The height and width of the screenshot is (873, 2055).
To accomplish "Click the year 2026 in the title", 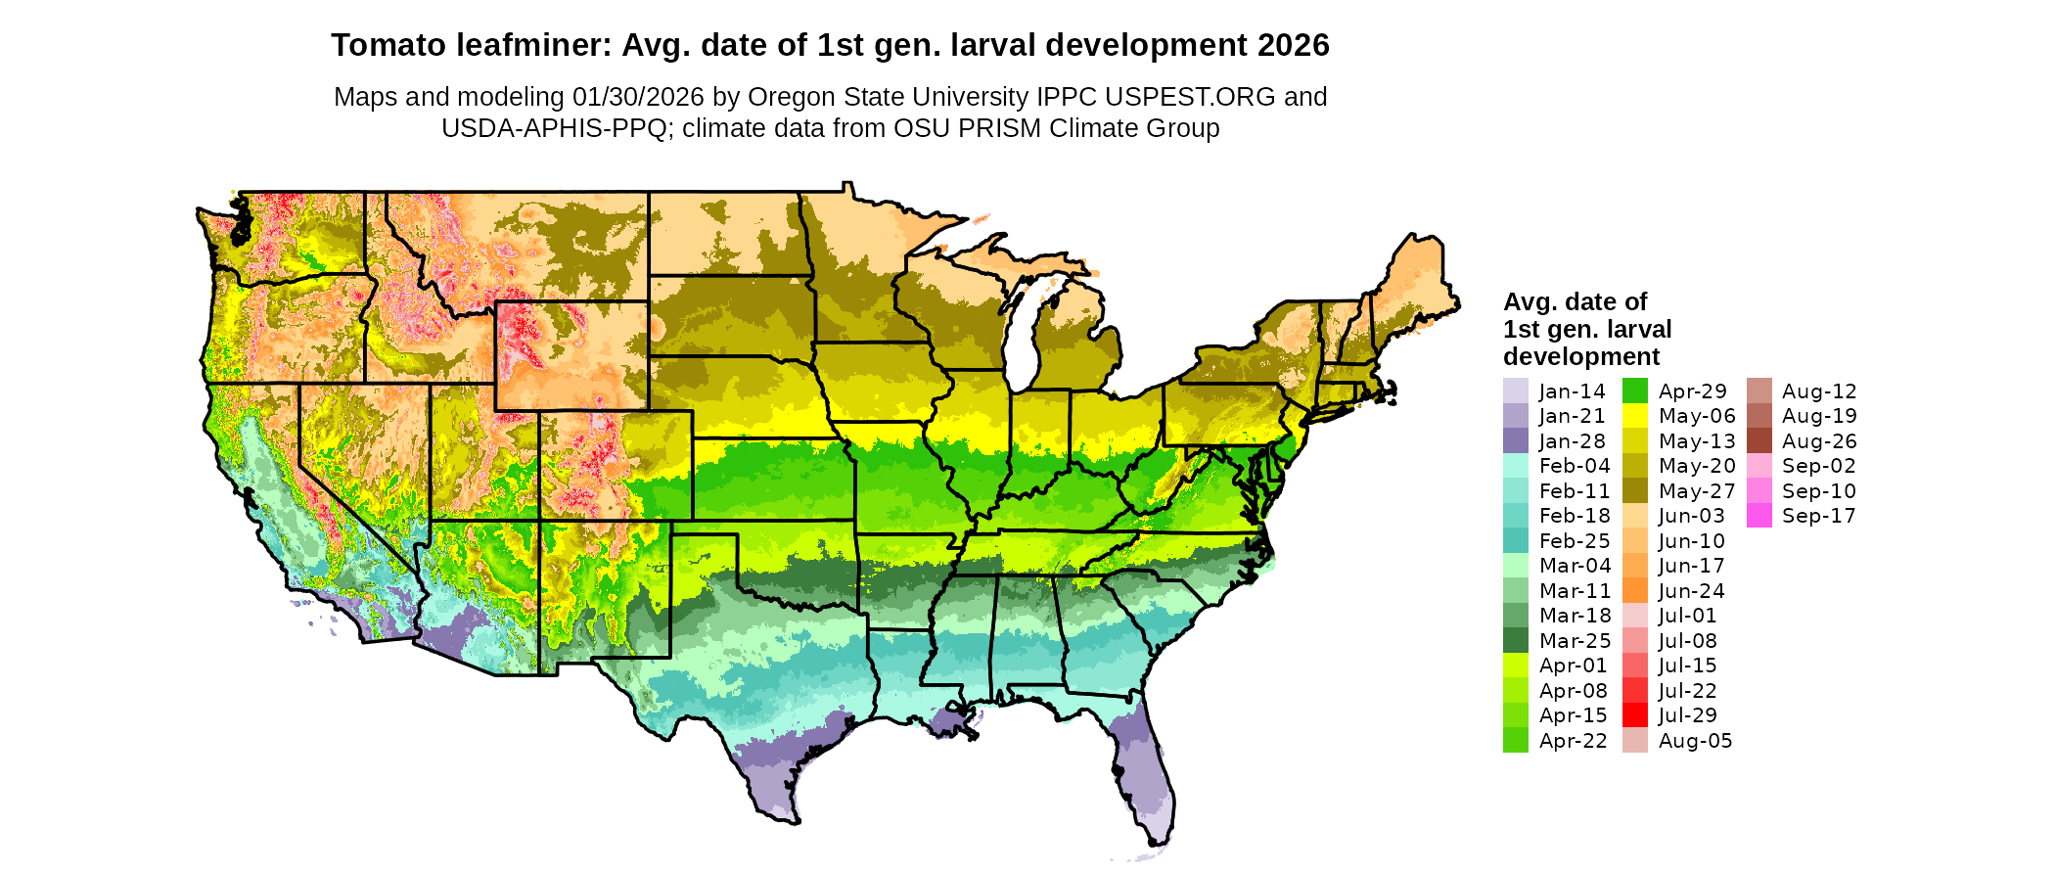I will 1294,45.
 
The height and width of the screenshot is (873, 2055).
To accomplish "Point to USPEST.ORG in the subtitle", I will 1190,97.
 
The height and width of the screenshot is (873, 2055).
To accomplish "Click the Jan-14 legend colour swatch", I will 1515,391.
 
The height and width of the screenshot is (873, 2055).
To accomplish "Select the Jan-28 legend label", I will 1572,441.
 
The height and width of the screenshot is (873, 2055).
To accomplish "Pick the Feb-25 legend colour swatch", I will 1515,540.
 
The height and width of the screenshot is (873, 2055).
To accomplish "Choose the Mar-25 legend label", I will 1575,640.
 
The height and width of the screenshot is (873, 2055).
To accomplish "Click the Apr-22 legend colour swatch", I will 1515,740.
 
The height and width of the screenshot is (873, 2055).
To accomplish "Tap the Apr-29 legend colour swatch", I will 1634,391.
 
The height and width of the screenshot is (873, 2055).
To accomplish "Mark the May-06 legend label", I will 1697,416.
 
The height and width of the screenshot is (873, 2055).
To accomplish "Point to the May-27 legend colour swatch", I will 1634,490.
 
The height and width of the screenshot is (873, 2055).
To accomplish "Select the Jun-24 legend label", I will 1691,590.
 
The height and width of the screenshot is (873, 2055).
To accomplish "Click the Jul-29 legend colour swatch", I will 1634,715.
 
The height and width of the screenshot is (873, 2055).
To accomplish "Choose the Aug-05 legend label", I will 1695,740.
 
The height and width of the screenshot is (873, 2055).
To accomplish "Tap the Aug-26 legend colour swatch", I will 1758,441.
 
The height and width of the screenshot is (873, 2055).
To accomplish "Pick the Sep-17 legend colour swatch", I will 1758,516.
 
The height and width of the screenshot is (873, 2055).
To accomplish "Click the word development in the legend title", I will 1581,356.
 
